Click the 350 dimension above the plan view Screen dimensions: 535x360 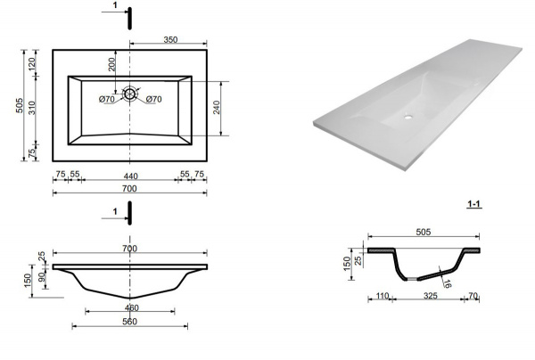[x=170, y=39]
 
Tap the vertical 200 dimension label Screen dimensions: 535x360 [x=112, y=64]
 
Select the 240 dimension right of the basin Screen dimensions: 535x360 [x=217, y=108]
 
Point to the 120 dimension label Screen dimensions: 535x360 [x=31, y=64]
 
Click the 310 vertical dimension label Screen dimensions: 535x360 [x=31, y=108]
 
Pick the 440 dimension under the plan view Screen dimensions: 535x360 [x=130, y=176]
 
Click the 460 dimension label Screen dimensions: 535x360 [x=132, y=307]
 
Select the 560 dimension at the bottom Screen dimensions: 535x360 [x=129, y=322]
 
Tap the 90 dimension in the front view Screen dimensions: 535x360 [x=41, y=277]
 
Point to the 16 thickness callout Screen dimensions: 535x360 [x=448, y=283]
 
